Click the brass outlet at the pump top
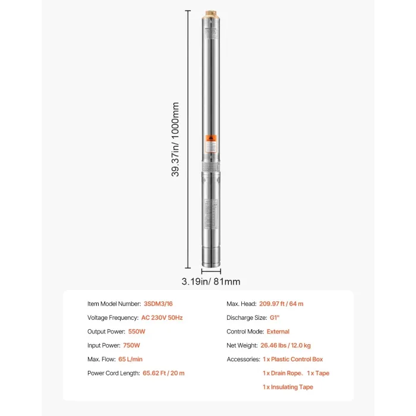pos(210,12)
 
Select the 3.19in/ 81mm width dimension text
pos(211,282)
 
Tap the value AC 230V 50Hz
pos(162,317)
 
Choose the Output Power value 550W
pos(137,332)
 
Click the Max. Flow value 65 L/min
pos(131,359)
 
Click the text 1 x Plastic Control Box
pos(292,359)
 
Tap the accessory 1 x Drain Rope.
pos(282,373)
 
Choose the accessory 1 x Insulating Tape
pos(288,387)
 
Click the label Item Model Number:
pos(114,304)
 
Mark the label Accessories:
pos(242,359)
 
